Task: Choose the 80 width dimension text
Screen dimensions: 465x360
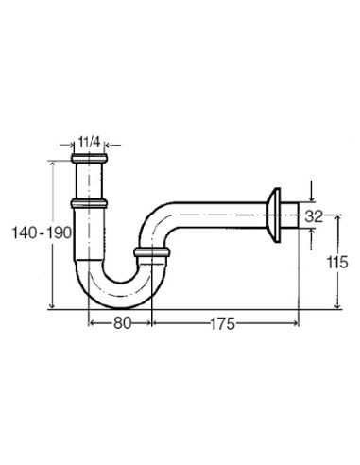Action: pyautogui.click(x=120, y=321)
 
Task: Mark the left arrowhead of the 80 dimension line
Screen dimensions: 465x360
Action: pyautogui.click(x=92, y=321)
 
